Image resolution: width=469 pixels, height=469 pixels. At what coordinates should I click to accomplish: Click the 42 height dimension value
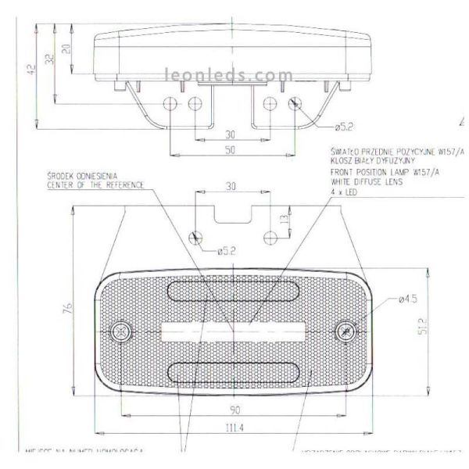tap(31, 70)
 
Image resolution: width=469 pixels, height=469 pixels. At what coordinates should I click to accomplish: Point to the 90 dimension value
tap(235, 410)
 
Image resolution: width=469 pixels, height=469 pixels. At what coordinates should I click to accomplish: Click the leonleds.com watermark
tap(229, 76)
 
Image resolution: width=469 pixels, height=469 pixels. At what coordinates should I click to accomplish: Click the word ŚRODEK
tap(59, 177)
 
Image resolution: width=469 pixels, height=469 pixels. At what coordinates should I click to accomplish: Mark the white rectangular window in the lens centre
tap(234, 331)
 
